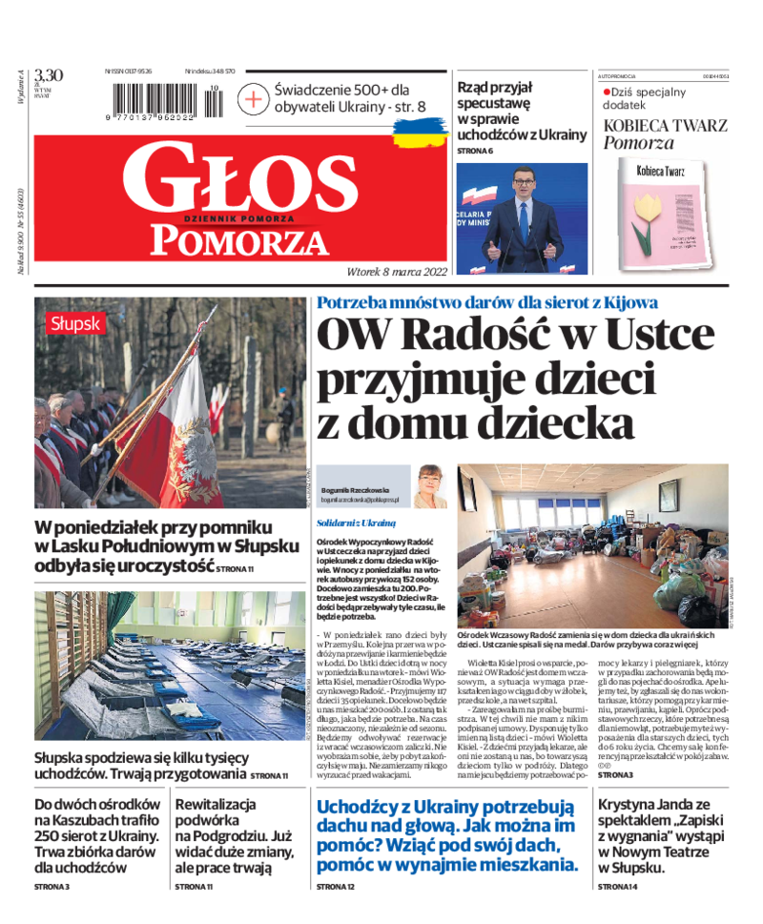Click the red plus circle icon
point(253,98)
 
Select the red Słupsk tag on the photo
point(75,323)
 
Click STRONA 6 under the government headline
point(475,151)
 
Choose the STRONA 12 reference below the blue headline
point(336,887)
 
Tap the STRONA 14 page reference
point(617,887)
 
